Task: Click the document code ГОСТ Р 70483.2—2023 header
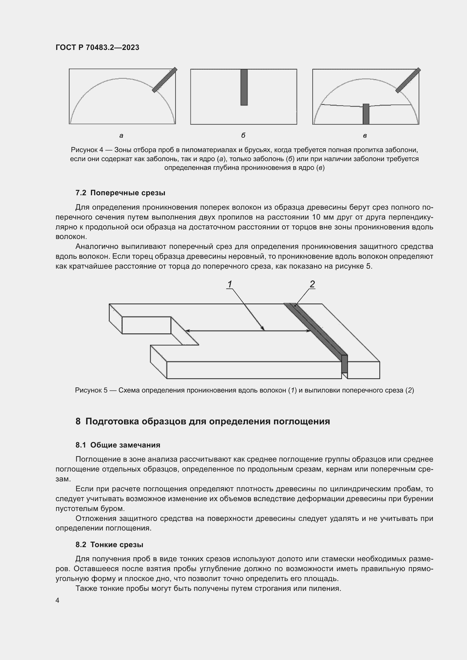pyautogui.click(x=97, y=47)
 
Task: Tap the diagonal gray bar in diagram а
pyautogui.click(x=165, y=80)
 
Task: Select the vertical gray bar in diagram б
pyautogui.click(x=244, y=87)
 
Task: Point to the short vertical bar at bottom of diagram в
pyautogui.click(x=366, y=114)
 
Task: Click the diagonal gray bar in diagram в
pyautogui.click(x=408, y=80)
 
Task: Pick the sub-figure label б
pyautogui.click(x=243, y=135)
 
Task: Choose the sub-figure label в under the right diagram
pyautogui.click(x=365, y=136)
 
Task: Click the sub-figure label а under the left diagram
pyautogui.click(x=121, y=136)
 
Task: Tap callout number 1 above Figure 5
pyautogui.click(x=230, y=284)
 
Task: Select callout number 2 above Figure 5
pyautogui.click(x=312, y=284)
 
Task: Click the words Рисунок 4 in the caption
pyautogui.click(x=87, y=150)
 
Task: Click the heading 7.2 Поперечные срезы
pyautogui.click(x=120, y=193)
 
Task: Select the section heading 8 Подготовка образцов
pyautogui.click(x=203, y=421)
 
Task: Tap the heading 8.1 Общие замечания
pyautogui.click(x=118, y=445)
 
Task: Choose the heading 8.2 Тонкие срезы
pyautogui.click(x=109, y=545)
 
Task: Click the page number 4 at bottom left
pyautogui.click(x=57, y=600)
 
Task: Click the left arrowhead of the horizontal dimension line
pyautogui.click(x=187, y=331)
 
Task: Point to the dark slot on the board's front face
pyautogui.click(x=344, y=364)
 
